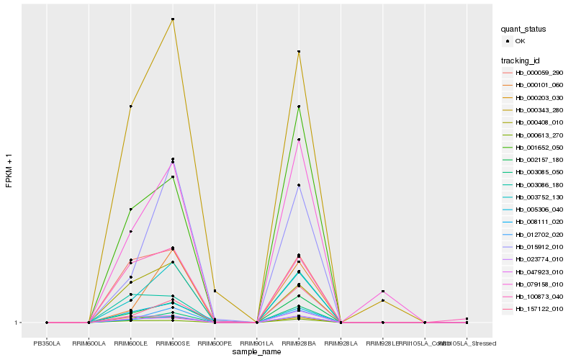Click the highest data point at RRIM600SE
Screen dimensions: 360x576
[173, 19]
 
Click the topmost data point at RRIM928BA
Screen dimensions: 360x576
[299, 52]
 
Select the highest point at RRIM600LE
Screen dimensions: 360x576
[130, 106]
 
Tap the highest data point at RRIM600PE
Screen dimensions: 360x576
[215, 291]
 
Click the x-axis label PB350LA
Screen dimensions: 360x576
[47, 343]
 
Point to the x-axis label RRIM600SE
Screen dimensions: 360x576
[173, 343]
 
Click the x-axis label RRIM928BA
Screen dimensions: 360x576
[299, 343]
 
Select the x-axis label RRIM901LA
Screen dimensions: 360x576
[257, 343]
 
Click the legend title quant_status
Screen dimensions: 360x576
[523, 30]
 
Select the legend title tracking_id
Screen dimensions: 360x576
[522, 60]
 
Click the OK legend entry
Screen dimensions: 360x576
[531, 41]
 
